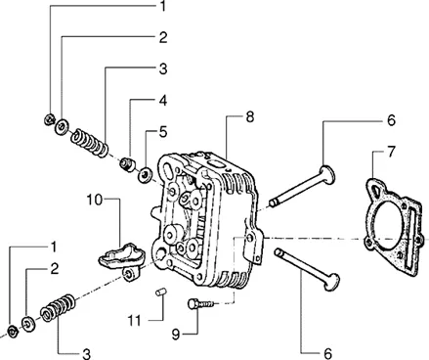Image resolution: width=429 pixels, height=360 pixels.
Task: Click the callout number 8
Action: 249,116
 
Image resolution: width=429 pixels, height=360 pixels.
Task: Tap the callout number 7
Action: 391,152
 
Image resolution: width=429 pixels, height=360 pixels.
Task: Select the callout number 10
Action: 95,200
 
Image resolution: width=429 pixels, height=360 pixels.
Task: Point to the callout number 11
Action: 134,321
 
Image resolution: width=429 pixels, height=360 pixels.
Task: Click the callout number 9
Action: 176,335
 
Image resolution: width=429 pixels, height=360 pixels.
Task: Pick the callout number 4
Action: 163,101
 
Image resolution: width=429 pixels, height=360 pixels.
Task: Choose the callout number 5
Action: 163,132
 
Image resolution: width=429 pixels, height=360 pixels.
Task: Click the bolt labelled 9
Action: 201,304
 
